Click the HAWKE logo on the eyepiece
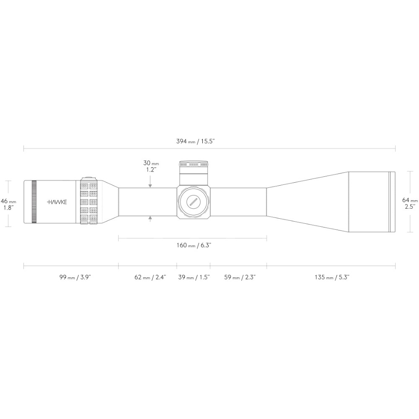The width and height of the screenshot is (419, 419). (x=57, y=202)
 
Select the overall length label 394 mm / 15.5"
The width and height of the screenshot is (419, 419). (x=196, y=141)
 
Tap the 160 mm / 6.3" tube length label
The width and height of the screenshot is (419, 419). (x=194, y=245)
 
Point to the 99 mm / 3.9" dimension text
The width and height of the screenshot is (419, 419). (x=75, y=277)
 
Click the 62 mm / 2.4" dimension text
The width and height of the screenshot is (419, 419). (x=150, y=277)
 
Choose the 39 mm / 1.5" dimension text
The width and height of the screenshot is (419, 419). (x=194, y=277)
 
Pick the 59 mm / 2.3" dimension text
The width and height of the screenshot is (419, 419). (x=240, y=277)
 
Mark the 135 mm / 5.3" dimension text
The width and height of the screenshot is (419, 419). (x=332, y=277)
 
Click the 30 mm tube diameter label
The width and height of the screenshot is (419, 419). (x=151, y=166)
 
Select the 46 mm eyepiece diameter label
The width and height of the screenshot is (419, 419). (x=8, y=204)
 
